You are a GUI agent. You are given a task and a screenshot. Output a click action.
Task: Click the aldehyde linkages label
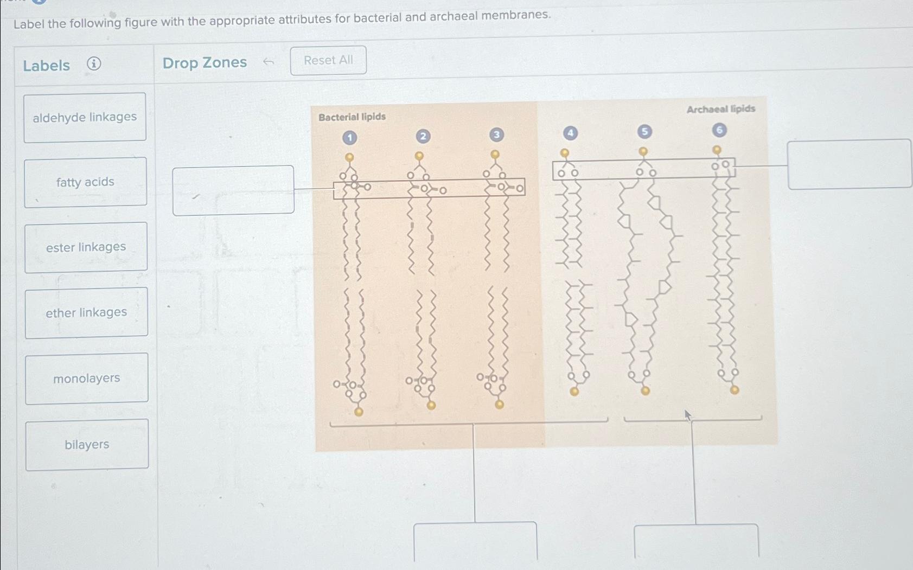point(85,117)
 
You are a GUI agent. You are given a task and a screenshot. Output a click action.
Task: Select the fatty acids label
point(85,182)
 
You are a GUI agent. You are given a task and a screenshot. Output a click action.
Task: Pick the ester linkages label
point(86,247)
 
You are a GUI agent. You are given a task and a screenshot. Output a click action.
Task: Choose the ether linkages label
point(86,313)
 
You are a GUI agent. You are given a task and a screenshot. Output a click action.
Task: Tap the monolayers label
point(87,379)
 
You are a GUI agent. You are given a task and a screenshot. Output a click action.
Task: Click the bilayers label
point(87,445)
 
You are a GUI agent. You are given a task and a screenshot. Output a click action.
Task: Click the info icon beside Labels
point(94,64)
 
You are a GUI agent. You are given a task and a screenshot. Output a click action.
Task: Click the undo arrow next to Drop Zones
point(268,62)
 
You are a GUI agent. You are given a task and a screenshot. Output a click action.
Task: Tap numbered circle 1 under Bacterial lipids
point(350,138)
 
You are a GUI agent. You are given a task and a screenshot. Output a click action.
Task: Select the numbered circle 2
point(423,136)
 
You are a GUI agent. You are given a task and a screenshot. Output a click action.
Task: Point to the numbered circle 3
point(496,135)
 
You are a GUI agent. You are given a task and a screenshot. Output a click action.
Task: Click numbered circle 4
point(570,133)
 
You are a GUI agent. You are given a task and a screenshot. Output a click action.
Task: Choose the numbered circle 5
point(644,131)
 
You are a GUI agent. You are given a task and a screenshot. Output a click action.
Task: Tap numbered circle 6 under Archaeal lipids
point(719,130)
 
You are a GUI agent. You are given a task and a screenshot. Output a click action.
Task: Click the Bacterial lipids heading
point(352,117)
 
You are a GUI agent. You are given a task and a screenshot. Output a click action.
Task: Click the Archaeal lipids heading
point(720,109)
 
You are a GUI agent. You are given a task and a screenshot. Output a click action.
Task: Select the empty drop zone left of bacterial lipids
point(233,190)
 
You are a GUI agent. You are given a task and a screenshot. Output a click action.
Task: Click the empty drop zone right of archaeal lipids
point(849,164)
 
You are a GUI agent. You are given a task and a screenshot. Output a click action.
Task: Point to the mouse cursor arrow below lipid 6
point(688,415)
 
